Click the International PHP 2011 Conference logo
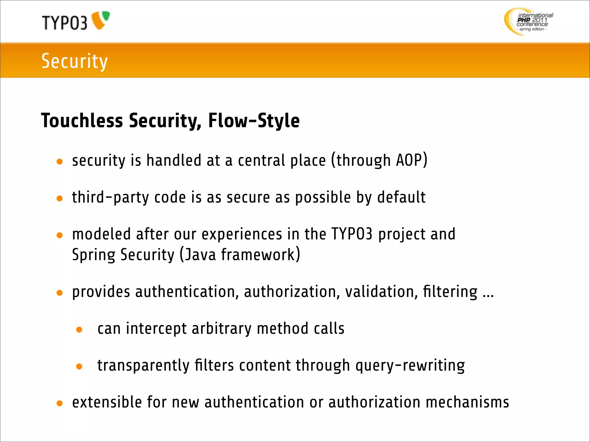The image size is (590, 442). coord(529,22)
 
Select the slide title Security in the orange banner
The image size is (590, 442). coord(74,61)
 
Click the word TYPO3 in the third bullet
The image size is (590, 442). coord(352,234)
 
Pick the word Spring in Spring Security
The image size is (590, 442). coord(94,255)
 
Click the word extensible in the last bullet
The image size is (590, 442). coord(107,402)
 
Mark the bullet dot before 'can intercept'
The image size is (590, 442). coord(79,330)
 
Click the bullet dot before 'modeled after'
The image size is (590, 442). coord(60,235)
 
